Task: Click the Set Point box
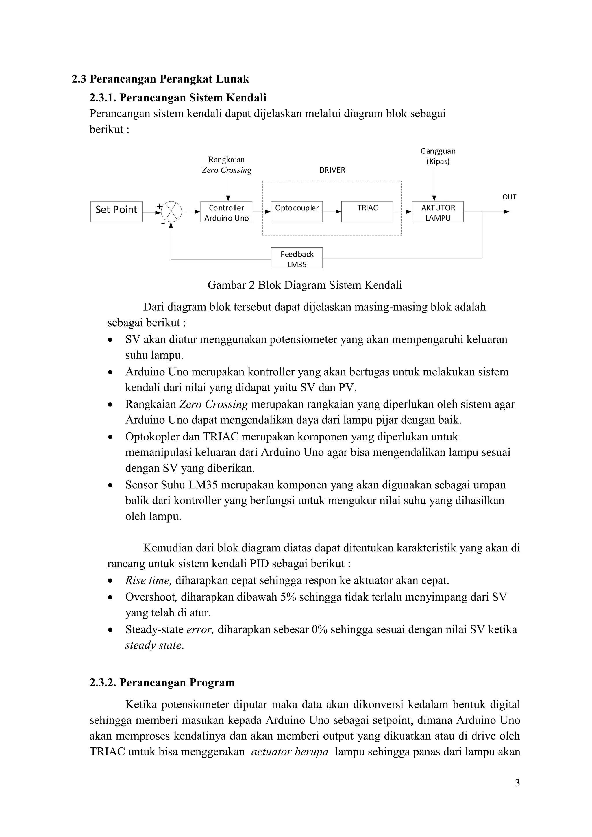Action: [x=116, y=212]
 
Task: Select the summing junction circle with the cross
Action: [x=171, y=212]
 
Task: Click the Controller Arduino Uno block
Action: [x=226, y=212]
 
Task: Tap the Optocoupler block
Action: [x=297, y=212]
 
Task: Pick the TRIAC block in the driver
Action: [x=367, y=212]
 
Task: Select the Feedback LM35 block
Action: [x=297, y=258]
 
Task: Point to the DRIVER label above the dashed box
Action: [x=332, y=170]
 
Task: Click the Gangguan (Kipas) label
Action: [x=438, y=156]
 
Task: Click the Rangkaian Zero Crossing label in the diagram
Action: [x=226, y=165]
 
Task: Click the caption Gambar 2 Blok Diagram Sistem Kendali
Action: [x=305, y=285]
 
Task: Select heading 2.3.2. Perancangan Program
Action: [x=162, y=682]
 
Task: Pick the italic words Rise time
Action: [x=148, y=580]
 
